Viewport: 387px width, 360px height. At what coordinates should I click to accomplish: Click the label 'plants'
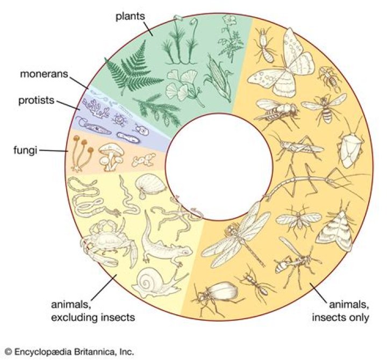(x=131, y=16)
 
